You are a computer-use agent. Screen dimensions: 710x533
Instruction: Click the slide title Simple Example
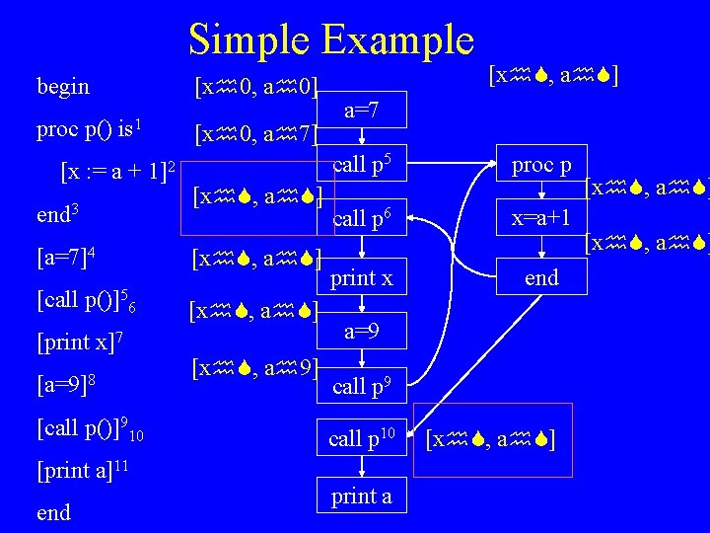coord(331,39)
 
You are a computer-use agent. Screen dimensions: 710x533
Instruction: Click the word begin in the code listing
coord(62,87)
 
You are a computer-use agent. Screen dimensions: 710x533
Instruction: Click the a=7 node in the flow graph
coord(362,112)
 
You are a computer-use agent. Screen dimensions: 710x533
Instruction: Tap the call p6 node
coord(362,220)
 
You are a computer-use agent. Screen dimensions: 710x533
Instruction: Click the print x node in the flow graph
coord(362,279)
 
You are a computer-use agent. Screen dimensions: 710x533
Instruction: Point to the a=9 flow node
coord(362,333)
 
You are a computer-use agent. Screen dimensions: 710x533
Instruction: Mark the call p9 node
coord(362,387)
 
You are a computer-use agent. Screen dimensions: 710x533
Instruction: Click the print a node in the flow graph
coord(362,496)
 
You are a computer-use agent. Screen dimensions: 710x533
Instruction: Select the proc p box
coord(540,165)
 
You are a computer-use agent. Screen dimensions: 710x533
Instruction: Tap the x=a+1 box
coord(540,221)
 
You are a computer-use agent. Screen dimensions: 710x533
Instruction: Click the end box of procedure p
coord(540,277)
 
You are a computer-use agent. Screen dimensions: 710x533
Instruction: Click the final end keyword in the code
coord(53,512)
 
